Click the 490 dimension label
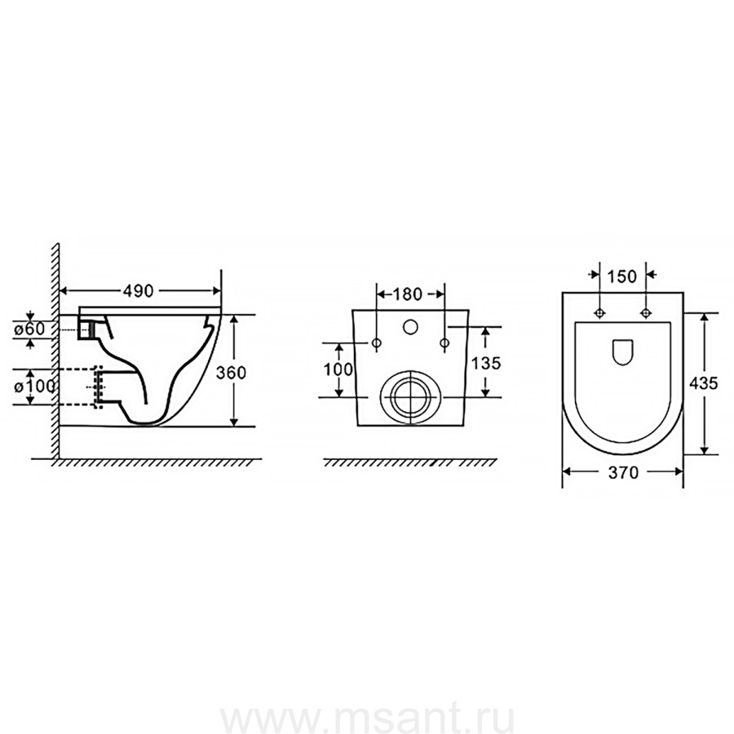pyautogui.click(x=138, y=291)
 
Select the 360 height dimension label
pyautogui.click(x=231, y=373)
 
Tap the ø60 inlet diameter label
pyautogui.click(x=29, y=329)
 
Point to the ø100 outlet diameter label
pyautogui.click(x=34, y=387)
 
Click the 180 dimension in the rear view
pyautogui.click(x=407, y=294)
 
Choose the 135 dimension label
pyautogui.click(x=486, y=363)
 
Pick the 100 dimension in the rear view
pyautogui.click(x=338, y=369)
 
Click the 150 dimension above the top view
pyautogui.click(x=621, y=276)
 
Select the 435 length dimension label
pyautogui.click(x=703, y=383)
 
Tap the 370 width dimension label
pyautogui.click(x=623, y=473)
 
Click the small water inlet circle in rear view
pyautogui.click(x=410, y=327)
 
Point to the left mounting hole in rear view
pyautogui.click(x=376, y=343)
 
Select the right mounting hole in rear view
pyautogui.click(x=444, y=343)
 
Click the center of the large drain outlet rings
pyautogui.click(x=410, y=397)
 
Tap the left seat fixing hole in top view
pyautogui.click(x=599, y=312)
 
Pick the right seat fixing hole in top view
pyautogui.click(x=646, y=312)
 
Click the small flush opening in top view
pyautogui.click(x=622, y=351)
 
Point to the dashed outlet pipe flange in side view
pyautogui.click(x=99, y=387)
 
